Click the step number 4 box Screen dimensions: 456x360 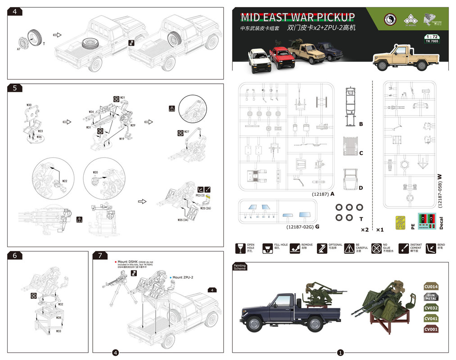coord(15,12)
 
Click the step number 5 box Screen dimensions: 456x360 coord(15,88)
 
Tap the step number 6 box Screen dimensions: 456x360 coord(15,256)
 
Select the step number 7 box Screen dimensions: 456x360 coord(99,256)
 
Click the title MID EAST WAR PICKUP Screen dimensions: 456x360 coord(298,18)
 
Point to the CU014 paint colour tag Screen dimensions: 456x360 coord(431,287)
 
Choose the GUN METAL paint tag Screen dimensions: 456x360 coord(431,297)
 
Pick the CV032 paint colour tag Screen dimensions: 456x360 coord(431,308)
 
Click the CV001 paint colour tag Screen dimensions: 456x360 coord(431,329)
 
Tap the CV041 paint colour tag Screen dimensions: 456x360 coord(431,319)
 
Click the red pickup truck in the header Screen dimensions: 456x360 coord(282,58)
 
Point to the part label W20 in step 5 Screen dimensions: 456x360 coord(95,172)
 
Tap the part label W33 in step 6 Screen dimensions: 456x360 coord(59,331)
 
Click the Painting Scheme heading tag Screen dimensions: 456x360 coord(240,267)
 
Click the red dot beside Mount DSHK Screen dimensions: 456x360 coord(116,261)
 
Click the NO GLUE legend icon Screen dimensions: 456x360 coord(377,248)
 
